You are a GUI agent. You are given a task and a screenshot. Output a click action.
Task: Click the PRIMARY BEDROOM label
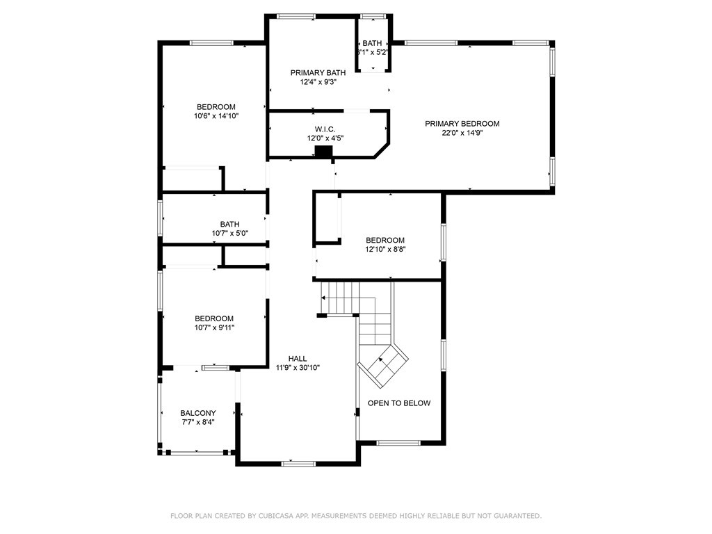[x=462, y=124]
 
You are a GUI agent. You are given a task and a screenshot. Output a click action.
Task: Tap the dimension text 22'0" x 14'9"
[x=462, y=133]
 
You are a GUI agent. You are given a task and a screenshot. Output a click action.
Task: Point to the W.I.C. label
[x=325, y=129]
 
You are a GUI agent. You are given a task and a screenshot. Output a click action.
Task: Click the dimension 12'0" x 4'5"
[x=325, y=138]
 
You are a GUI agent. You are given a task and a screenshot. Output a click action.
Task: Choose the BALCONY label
[x=197, y=412]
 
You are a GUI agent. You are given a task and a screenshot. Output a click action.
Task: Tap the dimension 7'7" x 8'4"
[x=197, y=422]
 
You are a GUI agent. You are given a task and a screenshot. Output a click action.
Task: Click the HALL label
[x=298, y=359]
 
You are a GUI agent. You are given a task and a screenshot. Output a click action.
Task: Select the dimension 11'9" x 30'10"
[x=298, y=368]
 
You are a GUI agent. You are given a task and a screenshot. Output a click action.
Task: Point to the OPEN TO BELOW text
[x=398, y=403]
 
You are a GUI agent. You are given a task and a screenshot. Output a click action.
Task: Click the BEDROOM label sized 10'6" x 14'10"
[x=215, y=107]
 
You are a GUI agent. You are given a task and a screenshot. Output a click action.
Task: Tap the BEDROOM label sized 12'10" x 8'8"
[x=385, y=241]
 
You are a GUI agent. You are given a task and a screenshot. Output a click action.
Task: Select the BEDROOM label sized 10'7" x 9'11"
[x=214, y=318]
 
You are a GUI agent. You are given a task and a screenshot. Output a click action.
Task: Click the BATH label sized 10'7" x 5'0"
[x=229, y=224]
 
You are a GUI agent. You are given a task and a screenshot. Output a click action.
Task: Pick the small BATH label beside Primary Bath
[x=372, y=43]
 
